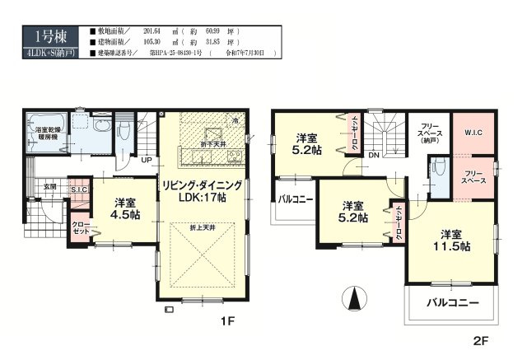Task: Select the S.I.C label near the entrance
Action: [x=79, y=191]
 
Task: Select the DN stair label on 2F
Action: [x=373, y=155]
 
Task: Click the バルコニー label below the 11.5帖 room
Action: [x=452, y=303]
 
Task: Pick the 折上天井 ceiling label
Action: [x=202, y=227]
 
